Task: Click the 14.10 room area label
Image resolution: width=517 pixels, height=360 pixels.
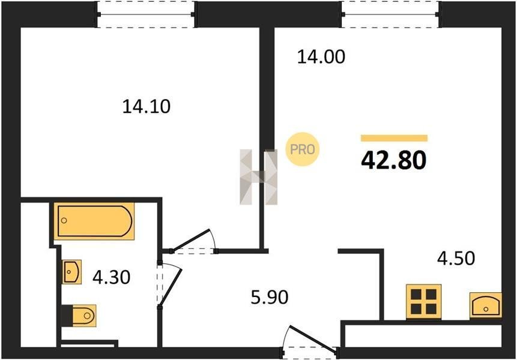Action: tap(147, 107)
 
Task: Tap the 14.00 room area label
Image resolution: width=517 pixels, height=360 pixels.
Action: tap(321, 56)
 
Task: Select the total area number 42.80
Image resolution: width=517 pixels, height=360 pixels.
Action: tap(394, 160)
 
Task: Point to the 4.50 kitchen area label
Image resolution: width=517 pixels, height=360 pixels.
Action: tap(456, 258)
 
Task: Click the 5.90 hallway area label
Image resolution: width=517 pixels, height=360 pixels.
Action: tap(270, 297)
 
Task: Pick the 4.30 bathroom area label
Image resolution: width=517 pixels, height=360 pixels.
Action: tap(112, 277)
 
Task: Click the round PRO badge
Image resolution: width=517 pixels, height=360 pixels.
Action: tap(303, 149)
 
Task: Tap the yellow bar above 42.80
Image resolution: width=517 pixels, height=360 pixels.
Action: tap(394, 138)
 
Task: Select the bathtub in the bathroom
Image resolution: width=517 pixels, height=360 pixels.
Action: tap(94, 221)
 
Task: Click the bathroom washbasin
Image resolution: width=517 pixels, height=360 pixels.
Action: tap(72, 272)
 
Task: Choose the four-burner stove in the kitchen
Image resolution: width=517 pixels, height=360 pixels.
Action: tap(424, 302)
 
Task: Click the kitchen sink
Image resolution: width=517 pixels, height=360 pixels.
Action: tap(486, 305)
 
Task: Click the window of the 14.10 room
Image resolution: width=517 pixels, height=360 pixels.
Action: tap(146, 14)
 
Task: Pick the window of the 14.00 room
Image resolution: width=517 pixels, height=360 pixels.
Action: tap(391, 14)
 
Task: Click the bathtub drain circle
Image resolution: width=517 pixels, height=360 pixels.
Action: tap(64, 220)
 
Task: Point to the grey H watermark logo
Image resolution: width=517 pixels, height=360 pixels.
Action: tap(258, 177)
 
